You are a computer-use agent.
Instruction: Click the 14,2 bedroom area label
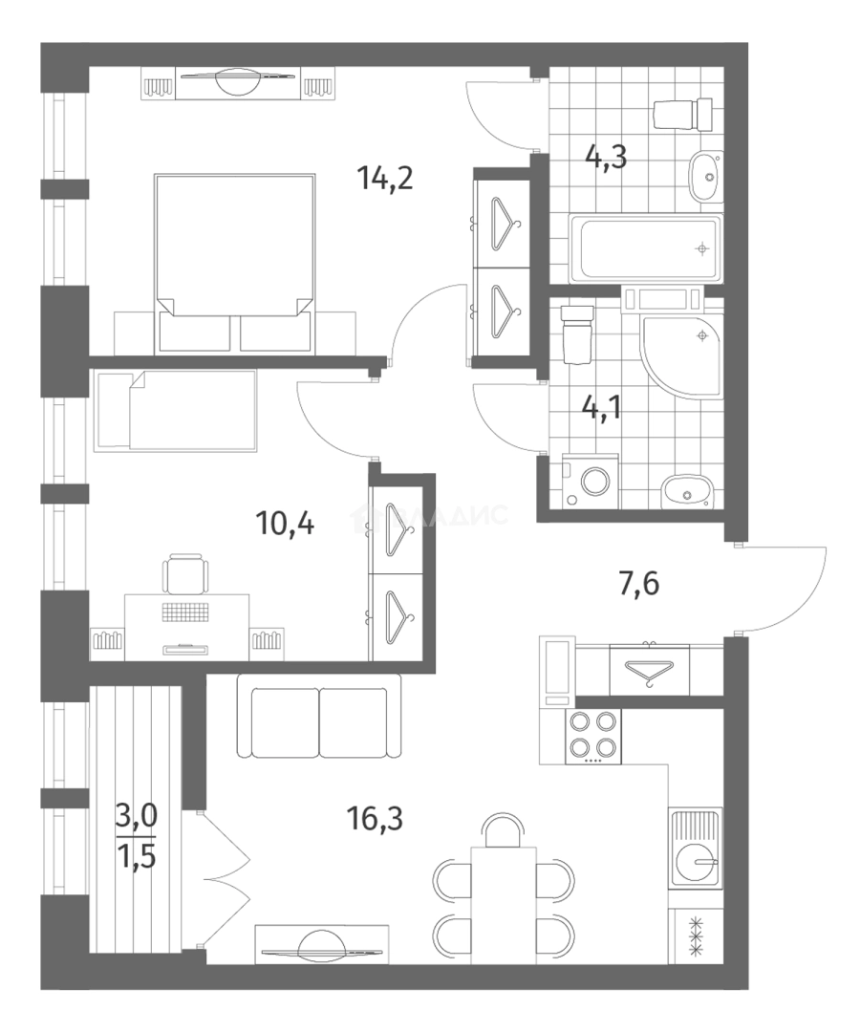(x=385, y=178)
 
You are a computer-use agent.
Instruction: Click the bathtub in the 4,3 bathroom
(x=644, y=247)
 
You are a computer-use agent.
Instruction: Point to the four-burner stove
(x=593, y=736)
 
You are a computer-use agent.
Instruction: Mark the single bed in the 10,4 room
(x=177, y=411)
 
